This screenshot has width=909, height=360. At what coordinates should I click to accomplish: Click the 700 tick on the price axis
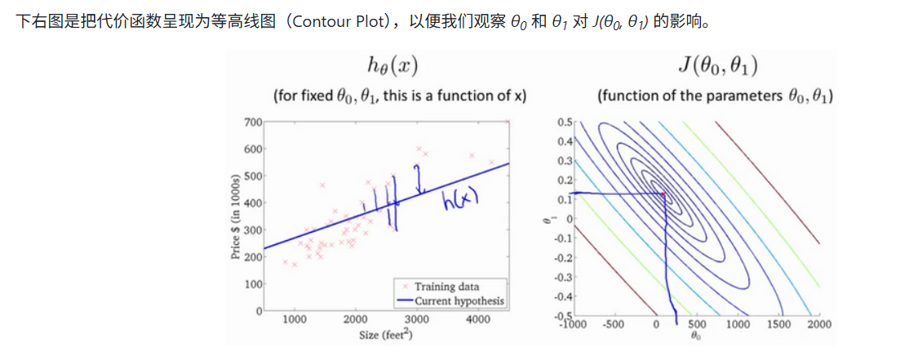[x=251, y=122]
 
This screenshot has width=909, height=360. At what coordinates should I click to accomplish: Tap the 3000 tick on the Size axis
[x=418, y=320]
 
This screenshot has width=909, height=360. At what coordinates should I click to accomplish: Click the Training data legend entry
[x=446, y=287]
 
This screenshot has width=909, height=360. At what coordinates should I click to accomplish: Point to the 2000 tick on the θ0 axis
[x=818, y=323]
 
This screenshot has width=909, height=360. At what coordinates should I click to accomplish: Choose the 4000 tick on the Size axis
[x=479, y=320]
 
